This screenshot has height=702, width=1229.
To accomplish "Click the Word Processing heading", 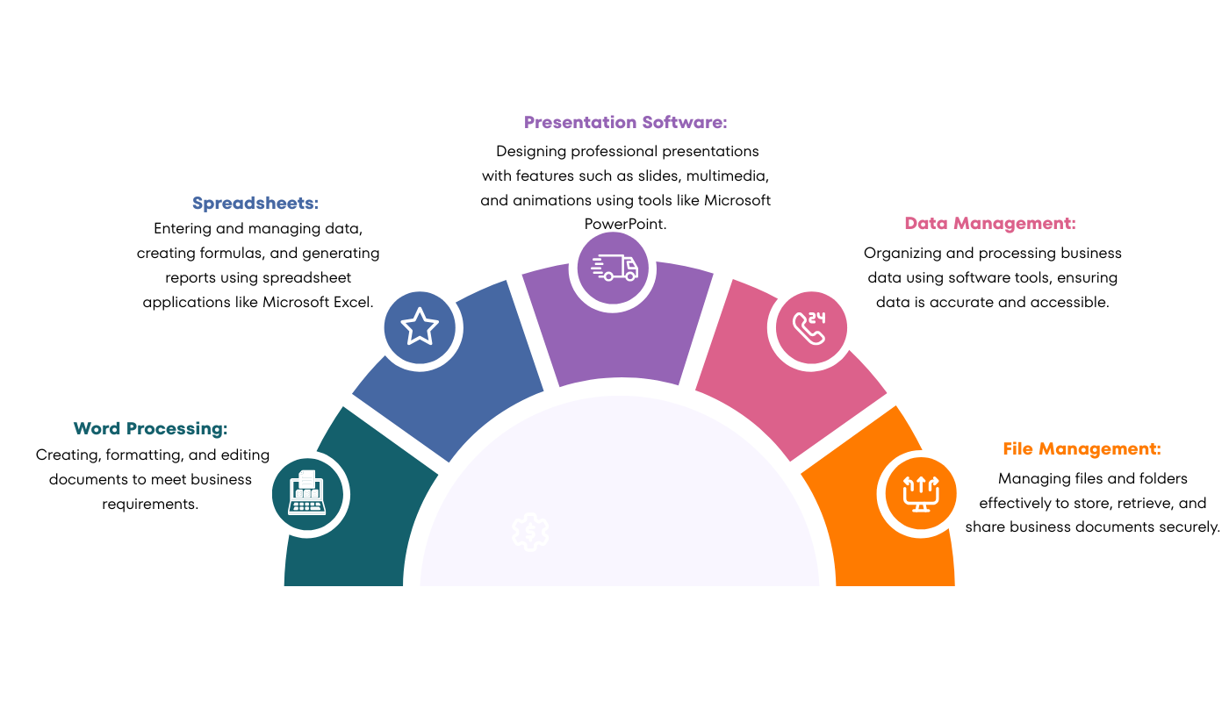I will click(151, 429).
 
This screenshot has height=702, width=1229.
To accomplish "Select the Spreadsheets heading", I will click(255, 204).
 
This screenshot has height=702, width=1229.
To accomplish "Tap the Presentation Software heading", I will click(626, 123).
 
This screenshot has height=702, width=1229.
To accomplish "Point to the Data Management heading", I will click(990, 224).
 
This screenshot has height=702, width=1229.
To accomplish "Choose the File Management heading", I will click(1082, 449).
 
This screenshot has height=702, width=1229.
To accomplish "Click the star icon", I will click(420, 326).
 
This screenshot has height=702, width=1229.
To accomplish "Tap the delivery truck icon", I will click(614, 267).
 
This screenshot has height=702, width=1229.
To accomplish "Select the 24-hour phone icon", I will click(809, 327).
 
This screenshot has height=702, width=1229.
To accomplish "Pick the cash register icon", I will click(307, 493).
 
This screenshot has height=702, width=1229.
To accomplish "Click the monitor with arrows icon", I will click(920, 493).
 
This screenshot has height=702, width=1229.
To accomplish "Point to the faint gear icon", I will click(531, 532).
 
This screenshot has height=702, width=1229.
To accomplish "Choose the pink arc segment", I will click(773, 395).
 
